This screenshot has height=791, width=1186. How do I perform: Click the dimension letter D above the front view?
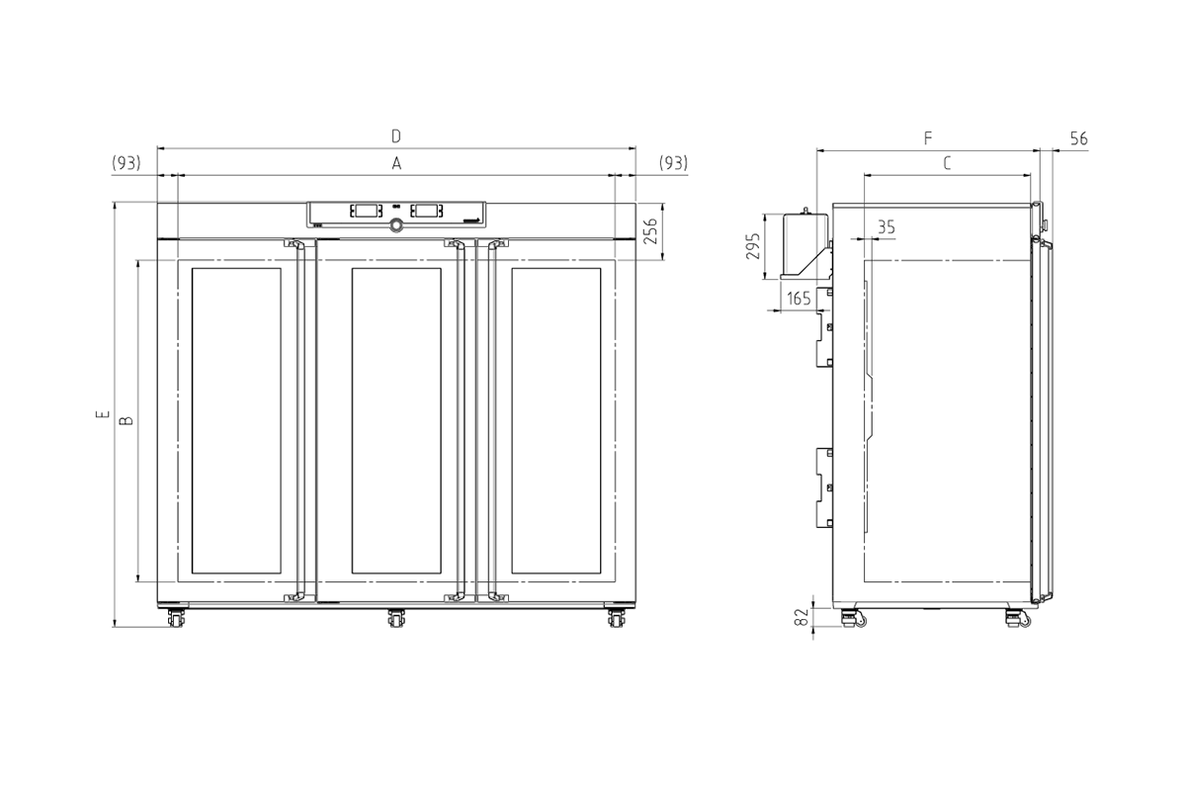pyautogui.click(x=396, y=136)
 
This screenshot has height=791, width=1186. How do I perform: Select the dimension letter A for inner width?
pyautogui.click(x=396, y=164)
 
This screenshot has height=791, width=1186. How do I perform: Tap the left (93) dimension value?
pyautogui.click(x=127, y=163)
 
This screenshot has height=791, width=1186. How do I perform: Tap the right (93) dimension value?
pyautogui.click(x=673, y=163)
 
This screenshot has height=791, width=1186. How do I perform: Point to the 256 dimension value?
pyautogui.click(x=649, y=231)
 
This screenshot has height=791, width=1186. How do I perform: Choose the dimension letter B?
pyautogui.click(x=127, y=421)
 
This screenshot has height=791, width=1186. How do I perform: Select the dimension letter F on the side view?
pyautogui.click(x=928, y=138)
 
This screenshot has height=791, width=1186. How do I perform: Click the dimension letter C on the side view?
pyautogui.click(x=947, y=163)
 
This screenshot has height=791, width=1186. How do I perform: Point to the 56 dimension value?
pyautogui.click(x=1079, y=138)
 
